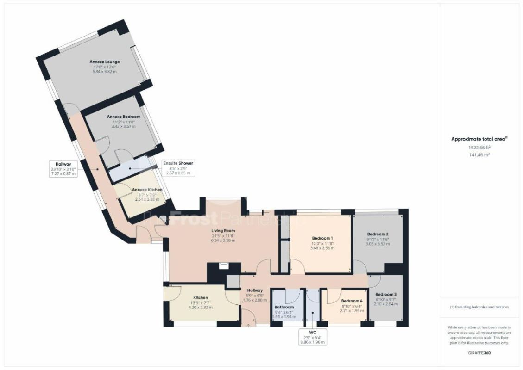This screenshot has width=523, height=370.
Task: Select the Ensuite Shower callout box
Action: tap(177, 168)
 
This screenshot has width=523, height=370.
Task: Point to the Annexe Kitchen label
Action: tap(147, 190)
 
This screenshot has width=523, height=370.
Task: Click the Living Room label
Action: tap(223, 230)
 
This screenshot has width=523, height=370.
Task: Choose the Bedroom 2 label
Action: tap(378, 234)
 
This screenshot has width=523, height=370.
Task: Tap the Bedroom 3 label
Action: tap(386, 294)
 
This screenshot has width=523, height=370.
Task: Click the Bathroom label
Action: tap(284, 307)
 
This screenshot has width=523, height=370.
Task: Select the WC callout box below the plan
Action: tap(312, 337)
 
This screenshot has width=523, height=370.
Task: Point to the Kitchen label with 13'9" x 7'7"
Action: tap(201, 297)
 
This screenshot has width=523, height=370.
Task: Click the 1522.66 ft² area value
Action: tap(479, 147)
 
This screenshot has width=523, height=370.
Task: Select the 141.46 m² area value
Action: tap(479, 155)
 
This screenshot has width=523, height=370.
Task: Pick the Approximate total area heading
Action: tap(479, 139)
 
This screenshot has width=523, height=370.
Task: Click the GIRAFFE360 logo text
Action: tap(479, 353)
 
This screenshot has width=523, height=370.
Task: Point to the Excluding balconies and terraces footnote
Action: tap(479, 307)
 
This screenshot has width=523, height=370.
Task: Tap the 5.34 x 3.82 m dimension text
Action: tap(105, 72)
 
